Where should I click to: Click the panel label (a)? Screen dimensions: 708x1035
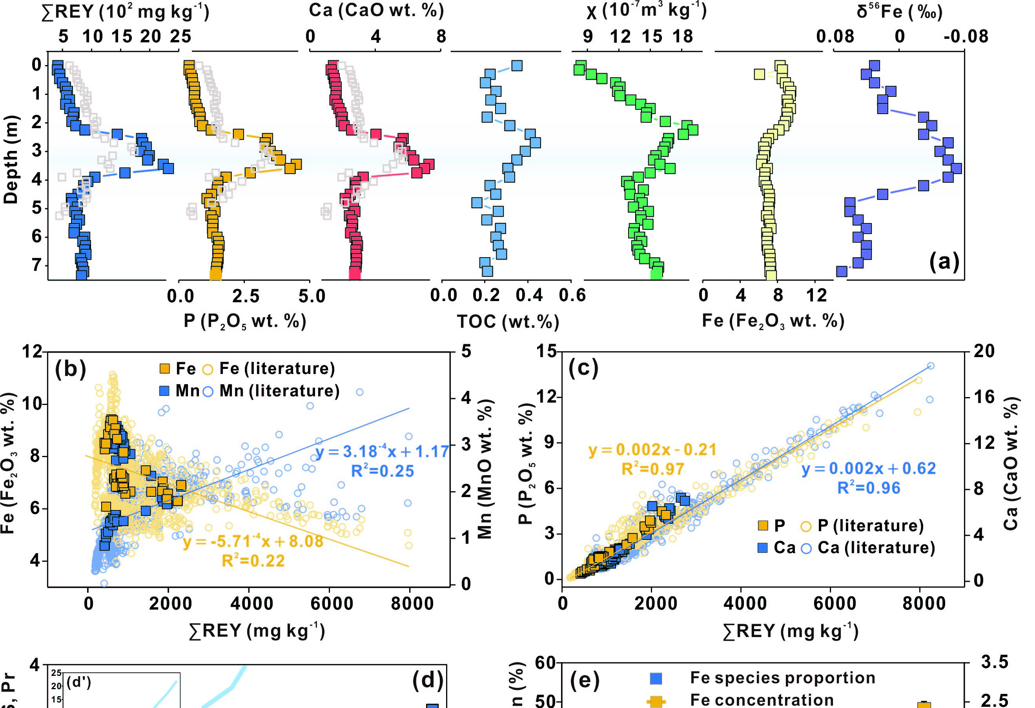coord(944,261)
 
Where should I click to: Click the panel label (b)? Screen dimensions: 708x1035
coord(70,369)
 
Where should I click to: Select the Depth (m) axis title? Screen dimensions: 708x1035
coord(11,159)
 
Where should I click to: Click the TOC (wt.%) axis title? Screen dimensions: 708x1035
coord(508,321)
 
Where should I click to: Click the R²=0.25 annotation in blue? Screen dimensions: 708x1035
coord(383,471)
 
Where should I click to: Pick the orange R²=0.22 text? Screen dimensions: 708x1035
coord(253,561)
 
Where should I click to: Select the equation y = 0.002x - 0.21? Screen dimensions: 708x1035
coord(652,450)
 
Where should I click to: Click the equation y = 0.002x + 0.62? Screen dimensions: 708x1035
coord(868,468)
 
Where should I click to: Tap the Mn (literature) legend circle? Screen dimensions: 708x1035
coord(208,391)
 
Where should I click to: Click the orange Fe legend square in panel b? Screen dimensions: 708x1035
coord(164,369)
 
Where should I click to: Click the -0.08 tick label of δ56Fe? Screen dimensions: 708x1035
coord(966,36)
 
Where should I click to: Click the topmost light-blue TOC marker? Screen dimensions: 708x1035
coord(517,66)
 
